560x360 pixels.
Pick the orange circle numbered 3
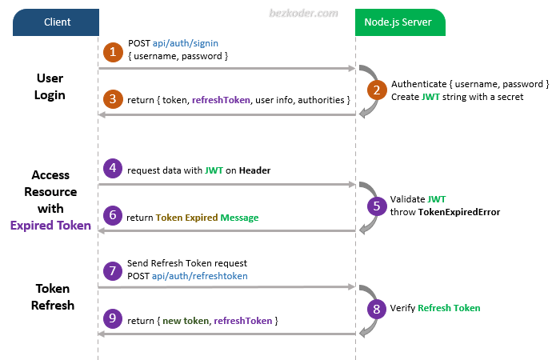point(114,99)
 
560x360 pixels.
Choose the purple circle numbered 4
point(114,168)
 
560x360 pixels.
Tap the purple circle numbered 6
point(114,217)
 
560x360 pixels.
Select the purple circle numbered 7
point(114,269)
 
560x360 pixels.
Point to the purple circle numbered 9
point(114,319)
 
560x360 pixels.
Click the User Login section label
point(50,86)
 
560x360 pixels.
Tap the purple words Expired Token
point(50,226)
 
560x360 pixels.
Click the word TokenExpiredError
point(459,212)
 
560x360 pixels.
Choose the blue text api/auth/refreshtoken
point(200,275)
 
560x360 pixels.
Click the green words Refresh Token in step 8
point(449,307)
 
